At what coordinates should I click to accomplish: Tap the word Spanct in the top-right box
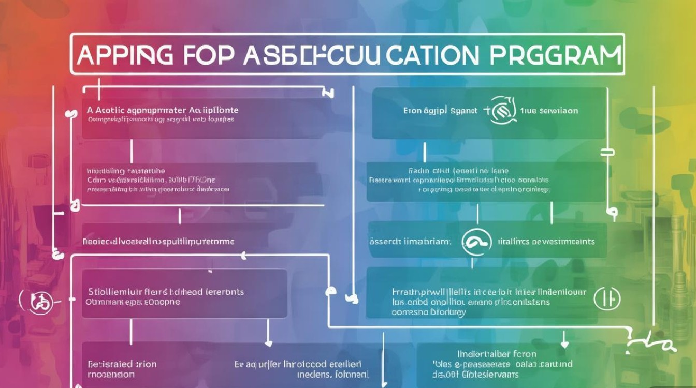(463, 111)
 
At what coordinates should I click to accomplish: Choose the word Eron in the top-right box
(412, 111)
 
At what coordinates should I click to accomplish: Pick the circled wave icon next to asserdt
(476, 241)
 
